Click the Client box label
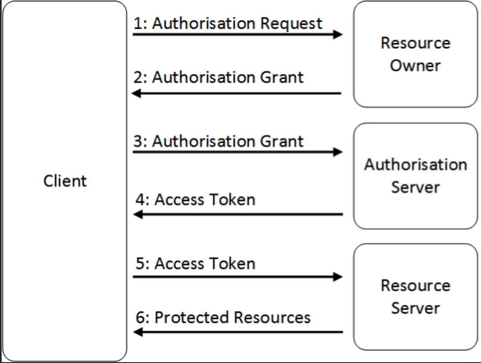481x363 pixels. (x=65, y=181)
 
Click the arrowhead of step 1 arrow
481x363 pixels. (x=338, y=34)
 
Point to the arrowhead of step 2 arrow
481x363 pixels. (x=137, y=93)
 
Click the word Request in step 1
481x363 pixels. (x=291, y=23)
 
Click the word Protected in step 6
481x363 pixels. (x=191, y=317)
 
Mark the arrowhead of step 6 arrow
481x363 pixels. (x=137, y=332)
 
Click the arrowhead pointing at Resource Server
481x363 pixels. (x=338, y=277)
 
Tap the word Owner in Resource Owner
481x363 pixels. (x=415, y=66)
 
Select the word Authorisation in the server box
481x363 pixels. (x=415, y=164)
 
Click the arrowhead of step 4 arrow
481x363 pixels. (x=137, y=215)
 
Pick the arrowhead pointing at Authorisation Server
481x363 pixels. (x=338, y=152)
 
